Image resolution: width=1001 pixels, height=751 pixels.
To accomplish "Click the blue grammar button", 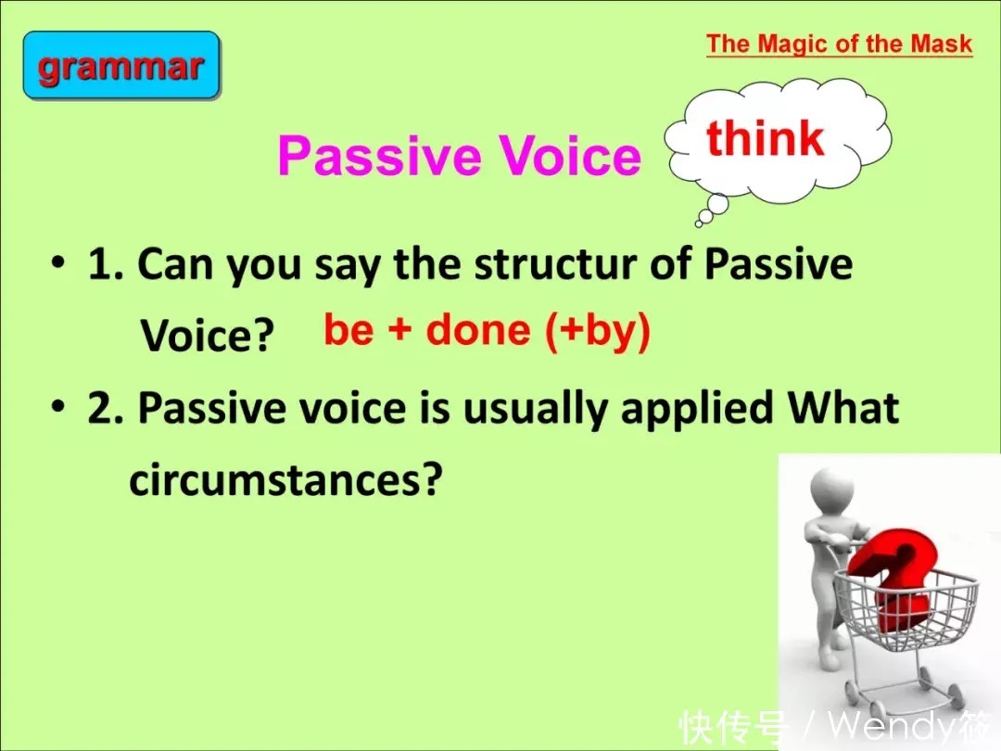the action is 121,65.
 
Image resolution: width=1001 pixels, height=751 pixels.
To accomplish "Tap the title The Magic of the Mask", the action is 839,45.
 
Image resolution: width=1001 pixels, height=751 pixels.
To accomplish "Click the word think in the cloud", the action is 766,138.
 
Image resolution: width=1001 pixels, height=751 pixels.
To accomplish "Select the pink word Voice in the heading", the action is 569,155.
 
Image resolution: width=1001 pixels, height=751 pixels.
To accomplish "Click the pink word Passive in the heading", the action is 379,155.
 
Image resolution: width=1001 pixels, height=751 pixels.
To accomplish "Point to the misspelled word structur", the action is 555,263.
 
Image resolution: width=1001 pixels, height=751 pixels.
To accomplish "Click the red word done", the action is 478,329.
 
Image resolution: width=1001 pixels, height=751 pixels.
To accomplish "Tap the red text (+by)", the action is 598,331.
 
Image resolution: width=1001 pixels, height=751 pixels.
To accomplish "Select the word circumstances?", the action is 285,479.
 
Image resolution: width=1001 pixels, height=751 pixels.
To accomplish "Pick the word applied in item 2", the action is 697,409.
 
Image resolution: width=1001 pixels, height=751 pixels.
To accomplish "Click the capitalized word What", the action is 843,407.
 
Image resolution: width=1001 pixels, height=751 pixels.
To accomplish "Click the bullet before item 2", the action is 58,406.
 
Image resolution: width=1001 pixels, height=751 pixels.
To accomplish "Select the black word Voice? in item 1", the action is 208,335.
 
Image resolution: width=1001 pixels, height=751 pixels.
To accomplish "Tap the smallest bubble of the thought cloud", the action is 699,223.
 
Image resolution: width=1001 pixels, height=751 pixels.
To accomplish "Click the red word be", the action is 348,329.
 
